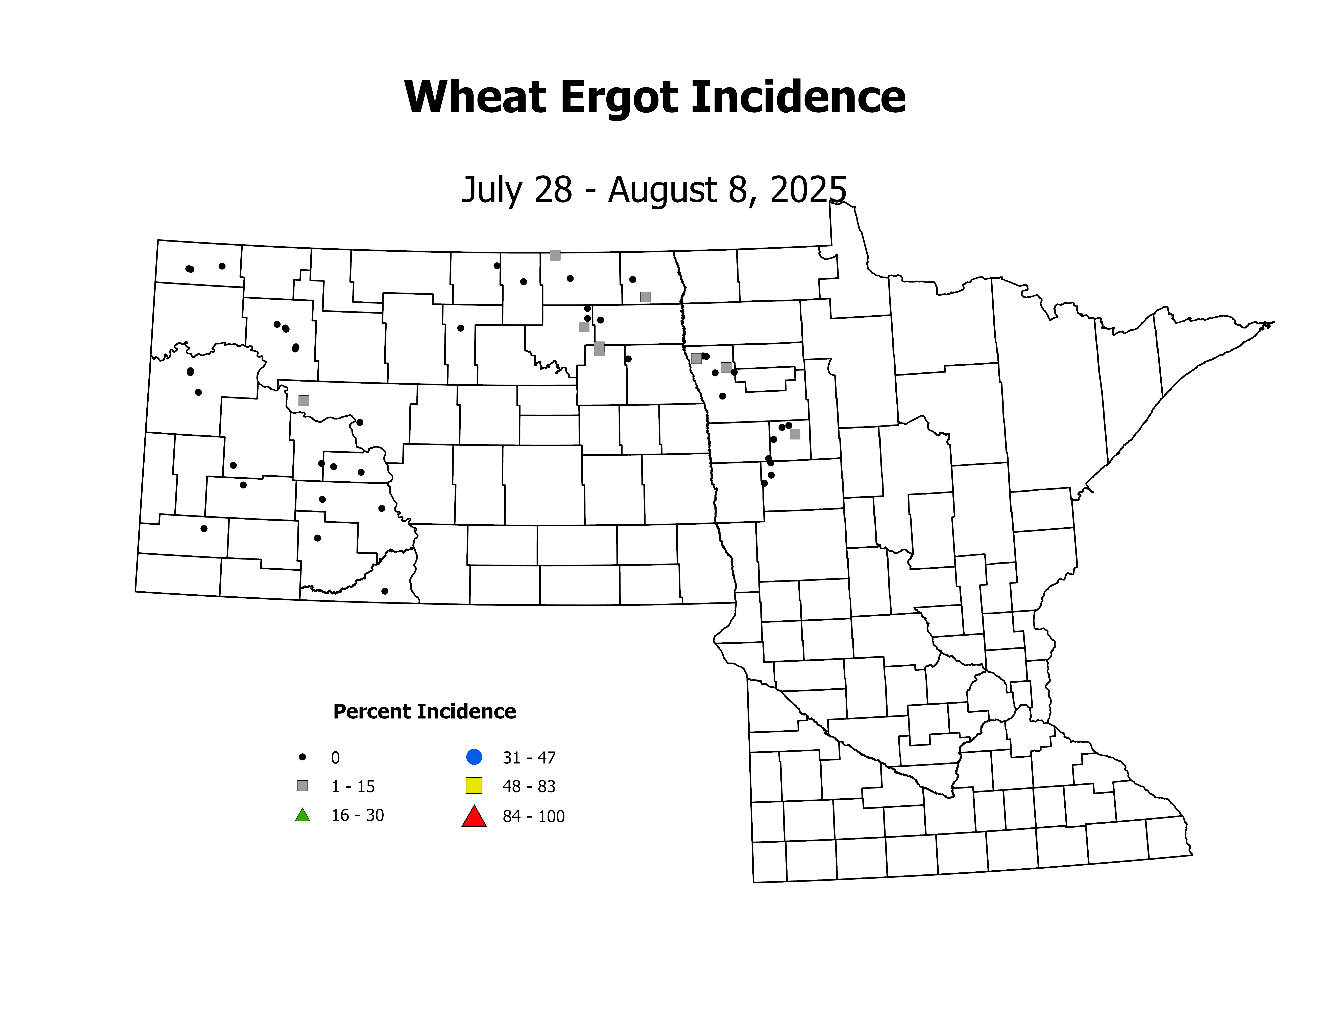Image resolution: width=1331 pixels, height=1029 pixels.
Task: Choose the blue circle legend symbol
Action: click(474, 757)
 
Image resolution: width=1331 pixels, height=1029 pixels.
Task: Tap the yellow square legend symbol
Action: click(474, 786)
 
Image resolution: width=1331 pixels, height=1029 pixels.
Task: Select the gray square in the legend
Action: click(302, 786)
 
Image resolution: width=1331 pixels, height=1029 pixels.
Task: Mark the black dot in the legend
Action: click(302, 757)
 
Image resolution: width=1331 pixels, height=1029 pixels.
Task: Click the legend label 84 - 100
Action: click(533, 816)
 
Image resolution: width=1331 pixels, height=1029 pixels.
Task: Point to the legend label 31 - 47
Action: click(529, 758)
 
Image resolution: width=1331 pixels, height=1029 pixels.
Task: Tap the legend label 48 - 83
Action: click(529, 786)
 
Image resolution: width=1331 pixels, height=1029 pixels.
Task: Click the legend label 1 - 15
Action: click(353, 786)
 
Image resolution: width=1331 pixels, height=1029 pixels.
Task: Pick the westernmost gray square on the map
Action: click(304, 401)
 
